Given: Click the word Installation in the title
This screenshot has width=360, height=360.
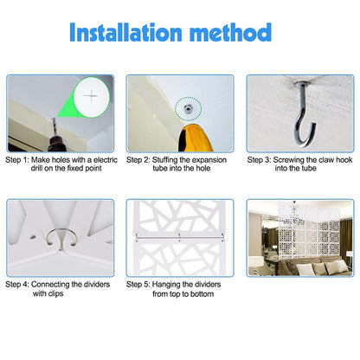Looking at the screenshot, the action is pyautogui.click(x=125, y=32).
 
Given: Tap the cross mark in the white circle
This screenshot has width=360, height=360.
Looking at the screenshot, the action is pyautogui.click(x=91, y=96).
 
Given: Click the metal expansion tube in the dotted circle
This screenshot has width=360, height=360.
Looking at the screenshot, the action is pyautogui.click(x=188, y=108).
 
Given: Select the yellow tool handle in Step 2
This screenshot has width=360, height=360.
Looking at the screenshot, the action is pyautogui.click(x=195, y=138).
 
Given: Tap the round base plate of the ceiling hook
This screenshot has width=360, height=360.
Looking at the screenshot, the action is pyautogui.click(x=302, y=84).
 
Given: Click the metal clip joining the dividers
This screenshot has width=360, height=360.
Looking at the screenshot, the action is pyautogui.click(x=61, y=237).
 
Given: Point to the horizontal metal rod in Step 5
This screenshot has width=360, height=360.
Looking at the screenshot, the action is pyautogui.click(x=179, y=237).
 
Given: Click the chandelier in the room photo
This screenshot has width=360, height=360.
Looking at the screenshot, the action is pyautogui.click(x=294, y=214).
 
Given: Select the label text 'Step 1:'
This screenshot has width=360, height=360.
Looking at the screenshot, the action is pyautogui.click(x=17, y=160).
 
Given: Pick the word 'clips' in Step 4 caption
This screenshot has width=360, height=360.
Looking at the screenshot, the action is pyautogui.click(x=55, y=293).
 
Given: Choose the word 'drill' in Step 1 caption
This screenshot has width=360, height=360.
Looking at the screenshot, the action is pyautogui.click(x=36, y=168).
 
